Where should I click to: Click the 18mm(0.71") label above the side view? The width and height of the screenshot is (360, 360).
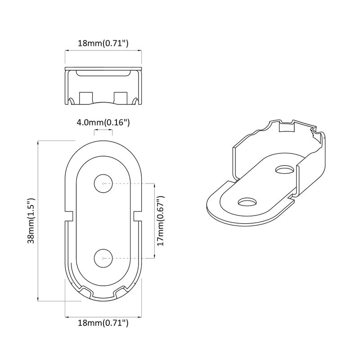coord(103,44)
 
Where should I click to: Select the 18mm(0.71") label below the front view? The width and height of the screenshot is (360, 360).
coord(103,323)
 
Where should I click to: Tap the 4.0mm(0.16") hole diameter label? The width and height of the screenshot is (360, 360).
coord(103,122)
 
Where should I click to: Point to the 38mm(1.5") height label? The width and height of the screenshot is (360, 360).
coord(31,220)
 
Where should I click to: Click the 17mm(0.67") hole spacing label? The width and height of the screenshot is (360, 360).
coord(162,220)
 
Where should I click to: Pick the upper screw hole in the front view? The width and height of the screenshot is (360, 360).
coord(103,183)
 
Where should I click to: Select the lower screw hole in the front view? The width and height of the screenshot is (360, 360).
coord(103,258)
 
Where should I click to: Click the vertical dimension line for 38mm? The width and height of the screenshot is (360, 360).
coord(38,220)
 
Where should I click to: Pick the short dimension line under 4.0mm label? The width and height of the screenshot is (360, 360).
coord(103,130)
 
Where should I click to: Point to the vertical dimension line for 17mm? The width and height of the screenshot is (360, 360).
coord(155,220)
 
